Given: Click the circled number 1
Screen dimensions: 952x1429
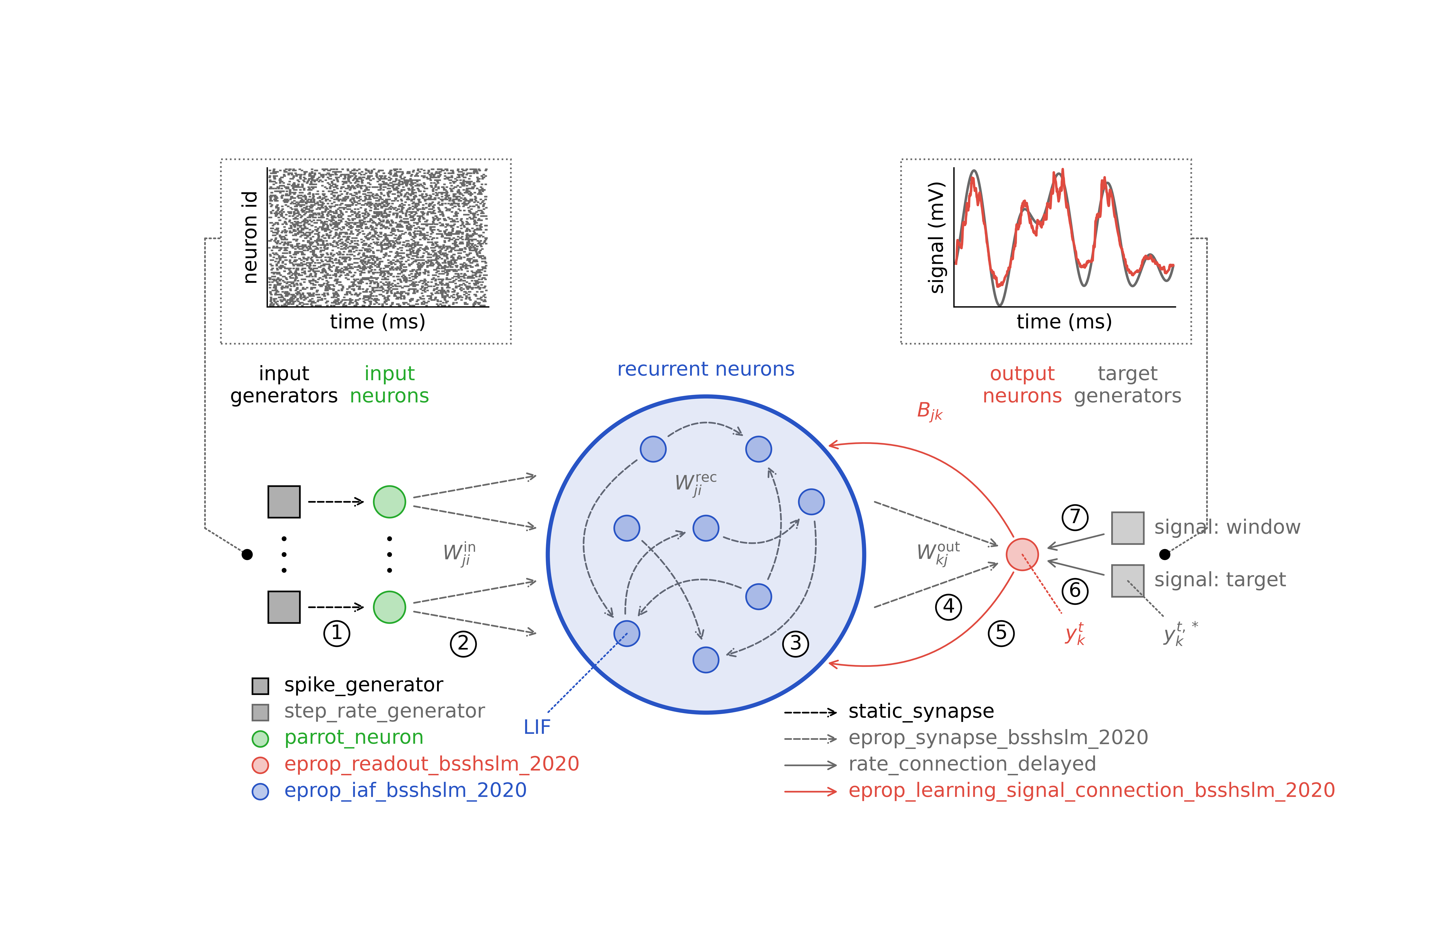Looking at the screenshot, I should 337,633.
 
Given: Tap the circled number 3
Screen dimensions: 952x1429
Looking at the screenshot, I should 795,644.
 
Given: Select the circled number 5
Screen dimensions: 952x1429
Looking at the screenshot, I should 1001,633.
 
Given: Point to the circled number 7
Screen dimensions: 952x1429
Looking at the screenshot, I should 1075,517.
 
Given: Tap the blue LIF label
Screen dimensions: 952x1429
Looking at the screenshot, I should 537,727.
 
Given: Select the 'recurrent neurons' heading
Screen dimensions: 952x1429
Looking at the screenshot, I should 705,369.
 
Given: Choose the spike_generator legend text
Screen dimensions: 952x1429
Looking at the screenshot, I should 363,685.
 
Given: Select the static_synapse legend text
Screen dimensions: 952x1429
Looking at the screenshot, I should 921,711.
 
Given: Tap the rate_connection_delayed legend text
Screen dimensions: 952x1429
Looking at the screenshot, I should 972,764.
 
